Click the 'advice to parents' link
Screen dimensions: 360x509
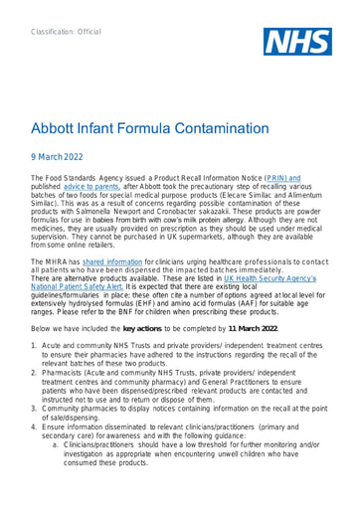[x=90, y=212]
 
